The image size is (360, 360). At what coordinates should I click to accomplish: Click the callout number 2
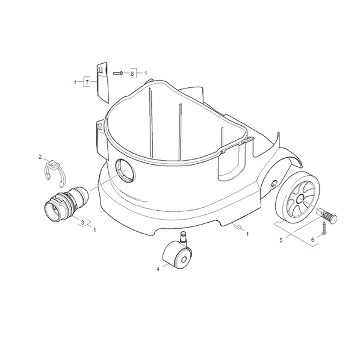pyautogui.click(x=40, y=157)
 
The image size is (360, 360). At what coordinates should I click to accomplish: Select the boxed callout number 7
pyautogui.click(x=87, y=82)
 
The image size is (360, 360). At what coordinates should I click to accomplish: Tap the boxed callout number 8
pyautogui.click(x=132, y=73)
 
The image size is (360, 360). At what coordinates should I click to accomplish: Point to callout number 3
pyautogui.click(x=82, y=222)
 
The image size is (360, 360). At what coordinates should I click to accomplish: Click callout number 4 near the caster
pyautogui.click(x=158, y=269)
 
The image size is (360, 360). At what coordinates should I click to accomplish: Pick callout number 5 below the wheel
pyautogui.click(x=281, y=240)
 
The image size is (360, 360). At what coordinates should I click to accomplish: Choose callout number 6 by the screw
pyautogui.click(x=312, y=240)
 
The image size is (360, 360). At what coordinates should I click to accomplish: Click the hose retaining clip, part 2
pyautogui.click(x=55, y=173)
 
